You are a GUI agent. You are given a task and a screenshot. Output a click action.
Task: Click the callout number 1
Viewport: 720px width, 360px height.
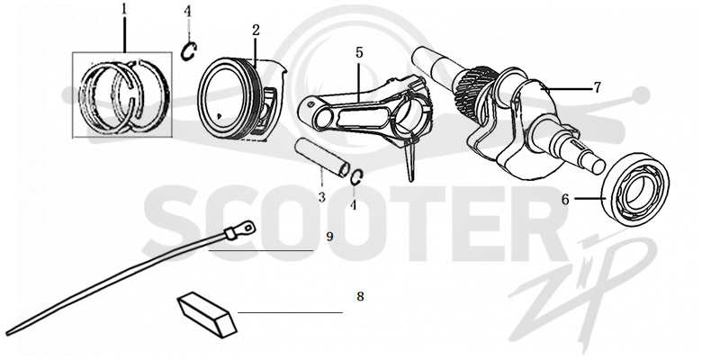(x=124, y=10)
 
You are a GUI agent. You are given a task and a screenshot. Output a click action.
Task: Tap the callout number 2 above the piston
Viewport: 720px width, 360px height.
(x=256, y=31)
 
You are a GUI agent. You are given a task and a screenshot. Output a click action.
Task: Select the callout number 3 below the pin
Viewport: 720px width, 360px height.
(x=322, y=197)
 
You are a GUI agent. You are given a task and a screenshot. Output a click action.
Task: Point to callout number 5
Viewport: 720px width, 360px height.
(x=359, y=52)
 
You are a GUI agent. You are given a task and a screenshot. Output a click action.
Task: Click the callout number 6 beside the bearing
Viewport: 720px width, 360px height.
(x=565, y=199)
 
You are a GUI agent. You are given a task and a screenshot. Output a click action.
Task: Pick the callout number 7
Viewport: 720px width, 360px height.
(x=598, y=87)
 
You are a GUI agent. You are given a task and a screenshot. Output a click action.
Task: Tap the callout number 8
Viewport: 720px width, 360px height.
(x=361, y=297)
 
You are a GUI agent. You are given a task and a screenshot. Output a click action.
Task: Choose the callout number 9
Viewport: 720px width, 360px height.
(x=329, y=237)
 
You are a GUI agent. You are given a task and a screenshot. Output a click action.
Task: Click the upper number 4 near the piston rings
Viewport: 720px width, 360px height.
(x=187, y=11)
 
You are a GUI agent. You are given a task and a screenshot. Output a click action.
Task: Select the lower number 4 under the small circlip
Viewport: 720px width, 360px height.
(x=353, y=205)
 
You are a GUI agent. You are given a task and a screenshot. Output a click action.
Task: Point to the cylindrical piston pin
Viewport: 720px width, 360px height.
(x=322, y=158)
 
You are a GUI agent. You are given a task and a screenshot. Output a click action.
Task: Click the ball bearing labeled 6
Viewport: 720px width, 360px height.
(x=636, y=189)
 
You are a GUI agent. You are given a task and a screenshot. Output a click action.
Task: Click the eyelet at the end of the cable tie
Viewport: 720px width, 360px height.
(x=248, y=227)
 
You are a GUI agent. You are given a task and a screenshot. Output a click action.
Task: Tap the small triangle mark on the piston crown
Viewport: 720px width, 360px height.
(x=220, y=115)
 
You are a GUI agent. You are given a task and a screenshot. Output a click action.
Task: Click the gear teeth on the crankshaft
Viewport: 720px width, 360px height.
(x=473, y=84)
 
